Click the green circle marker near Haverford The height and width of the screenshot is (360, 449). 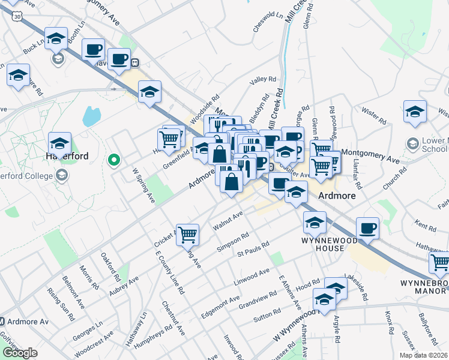coord(113,160)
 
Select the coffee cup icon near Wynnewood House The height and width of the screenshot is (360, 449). coord(367,228)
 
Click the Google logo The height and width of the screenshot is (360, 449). coord(20,353)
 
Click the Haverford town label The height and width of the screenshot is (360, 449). coord(67,156)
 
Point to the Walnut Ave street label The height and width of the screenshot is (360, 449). coord(229,220)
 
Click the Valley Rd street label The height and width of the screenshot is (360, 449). coord(262,79)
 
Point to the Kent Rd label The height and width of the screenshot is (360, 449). coord(425,227)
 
